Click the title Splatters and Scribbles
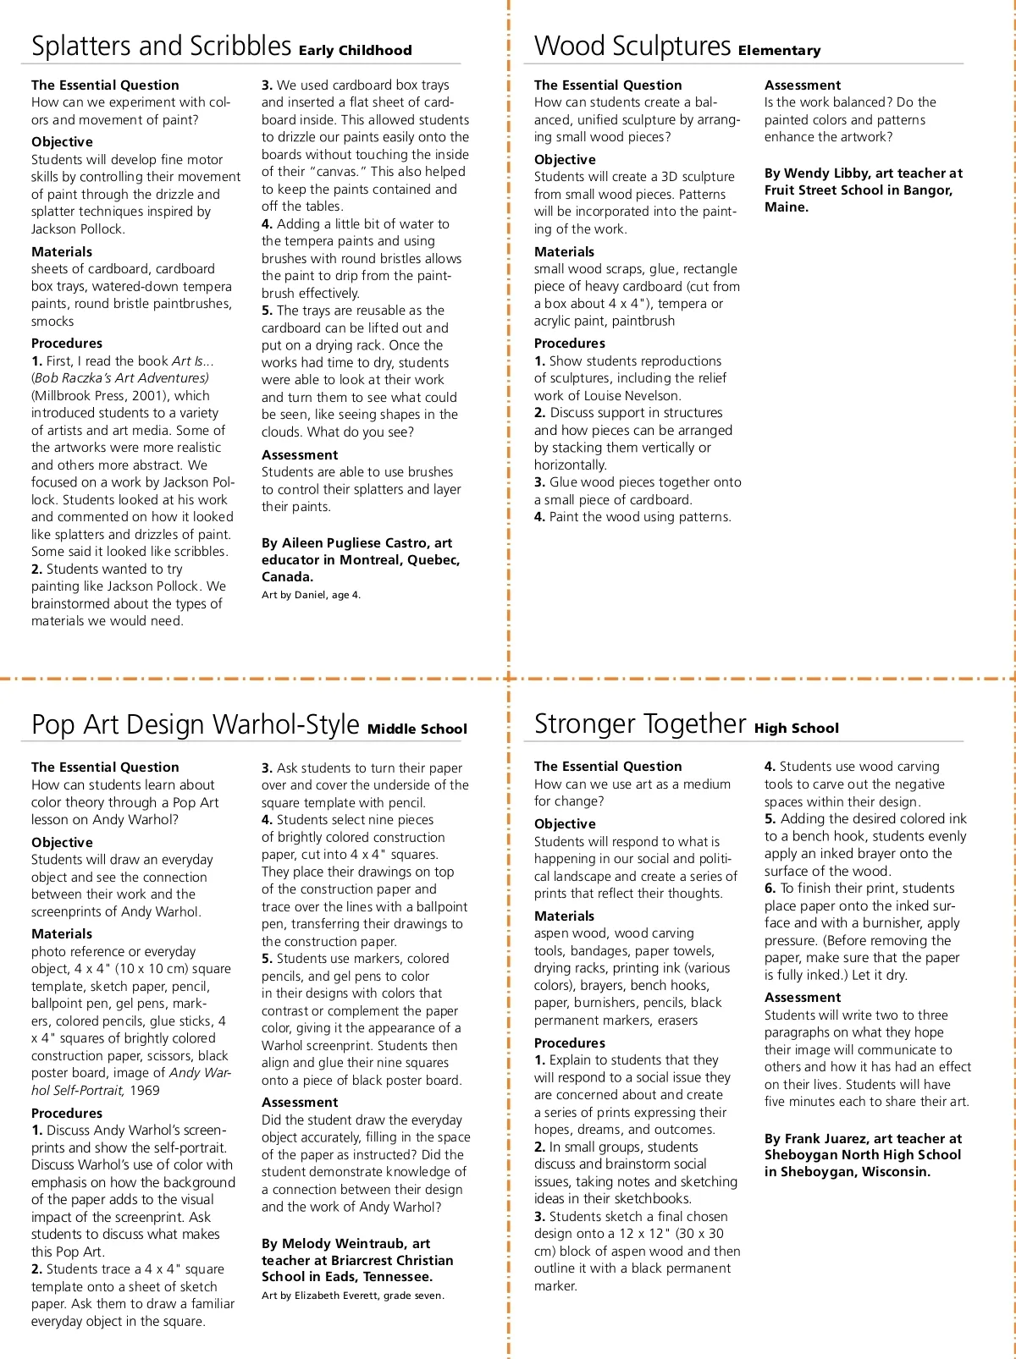(x=161, y=46)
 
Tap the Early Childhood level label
(x=355, y=51)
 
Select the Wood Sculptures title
(x=632, y=46)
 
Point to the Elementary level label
(x=779, y=51)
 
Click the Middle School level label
(x=417, y=729)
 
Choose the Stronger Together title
(x=640, y=724)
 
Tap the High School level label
(x=796, y=729)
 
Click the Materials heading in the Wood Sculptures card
(x=564, y=252)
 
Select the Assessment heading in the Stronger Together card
(x=802, y=998)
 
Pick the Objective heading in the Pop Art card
(x=62, y=843)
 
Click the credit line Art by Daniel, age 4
(x=311, y=595)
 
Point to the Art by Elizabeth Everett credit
(x=352, y=1296)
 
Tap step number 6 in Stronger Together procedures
(x=770, y=889)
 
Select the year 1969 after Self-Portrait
(x=145, y=1091)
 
